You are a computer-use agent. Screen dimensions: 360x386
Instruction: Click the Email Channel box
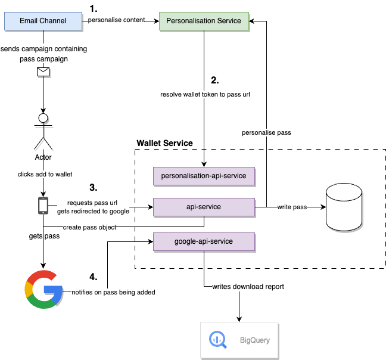43,21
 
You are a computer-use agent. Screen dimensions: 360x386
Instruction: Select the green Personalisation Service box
204,21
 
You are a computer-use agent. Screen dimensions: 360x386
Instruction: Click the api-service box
204,207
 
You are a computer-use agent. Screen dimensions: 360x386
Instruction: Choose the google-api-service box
204,241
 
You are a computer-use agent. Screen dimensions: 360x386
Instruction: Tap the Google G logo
43,289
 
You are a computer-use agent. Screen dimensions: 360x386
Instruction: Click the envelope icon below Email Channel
43,72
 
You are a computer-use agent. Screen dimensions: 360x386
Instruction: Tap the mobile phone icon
43,205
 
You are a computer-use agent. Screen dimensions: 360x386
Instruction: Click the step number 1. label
93,8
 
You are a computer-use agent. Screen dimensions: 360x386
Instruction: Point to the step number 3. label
93,187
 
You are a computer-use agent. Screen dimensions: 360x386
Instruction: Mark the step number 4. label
93,277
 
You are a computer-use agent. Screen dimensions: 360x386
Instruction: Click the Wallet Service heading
164,143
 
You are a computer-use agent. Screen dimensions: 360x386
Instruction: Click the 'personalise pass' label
266,132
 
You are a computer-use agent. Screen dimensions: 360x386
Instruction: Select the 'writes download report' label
248,287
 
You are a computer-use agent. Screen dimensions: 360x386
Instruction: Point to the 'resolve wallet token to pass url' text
204,94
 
